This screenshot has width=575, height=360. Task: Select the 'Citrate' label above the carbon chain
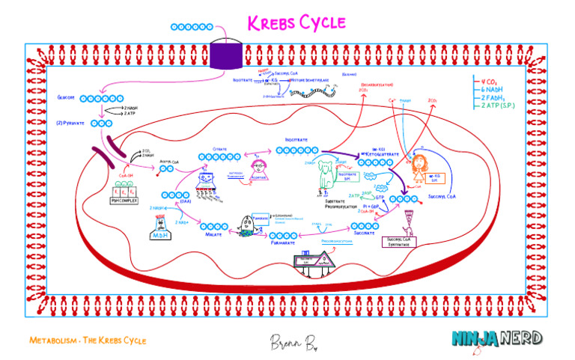[x=219, y=149]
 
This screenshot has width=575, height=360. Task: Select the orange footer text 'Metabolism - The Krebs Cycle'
[x=88, y=341]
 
